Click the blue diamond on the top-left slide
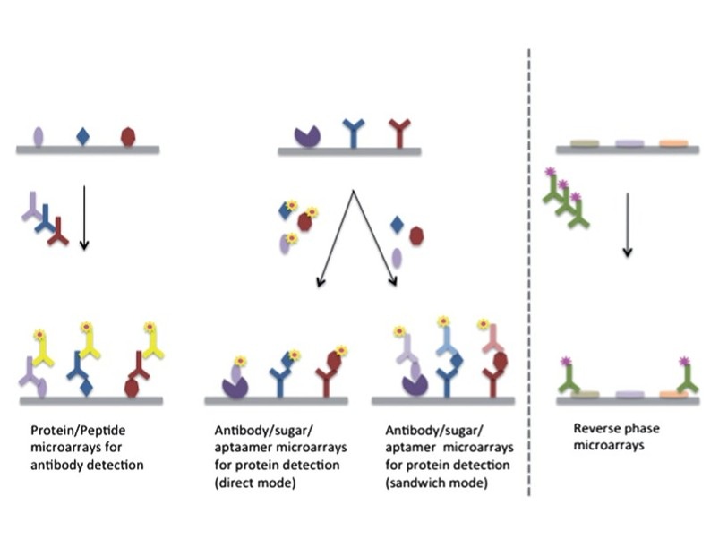[x=83, y=137]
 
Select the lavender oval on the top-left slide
[x=39, y=137]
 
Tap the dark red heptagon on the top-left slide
[x=128, y=137]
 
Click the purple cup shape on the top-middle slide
[x=307, y=137]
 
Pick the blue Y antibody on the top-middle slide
[x=354, y=133]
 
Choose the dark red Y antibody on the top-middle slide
[x=399, y=133]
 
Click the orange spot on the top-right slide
[x=673, y=143]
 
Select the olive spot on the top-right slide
[x=585, y=143]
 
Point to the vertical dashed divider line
[x=529, y=272]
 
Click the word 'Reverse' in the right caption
[x=594, y=429]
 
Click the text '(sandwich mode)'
[x=437, y=483]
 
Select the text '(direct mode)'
[x=255, y=483]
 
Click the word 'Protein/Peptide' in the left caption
[x=78, y=431]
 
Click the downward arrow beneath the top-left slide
[x=84, y=218]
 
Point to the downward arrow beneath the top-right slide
[x=628, y=225]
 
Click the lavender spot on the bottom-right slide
[x=629, y=395]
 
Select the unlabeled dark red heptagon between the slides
[x=416, y=235]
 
